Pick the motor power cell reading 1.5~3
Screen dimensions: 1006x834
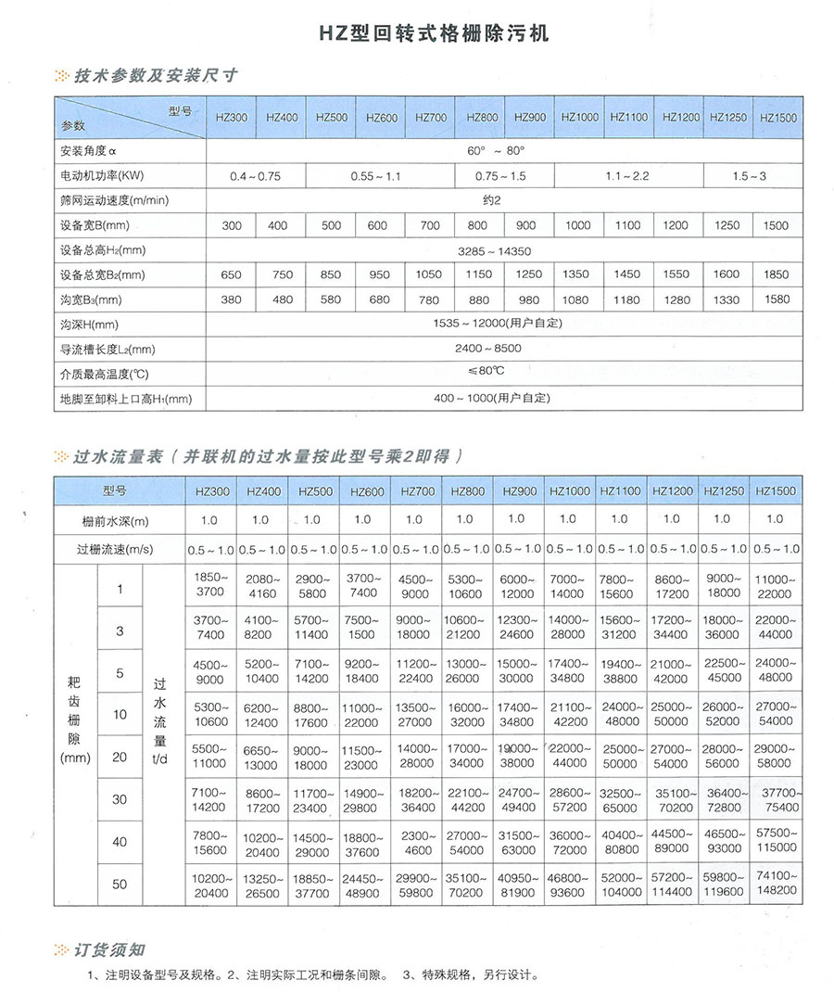click(749, 175)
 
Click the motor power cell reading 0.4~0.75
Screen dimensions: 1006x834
click(255, 175)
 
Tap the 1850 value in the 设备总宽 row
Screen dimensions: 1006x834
click(776, 274)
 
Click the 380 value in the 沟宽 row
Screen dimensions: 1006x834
click(231, 299)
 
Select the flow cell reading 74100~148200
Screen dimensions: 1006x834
click(776, 883)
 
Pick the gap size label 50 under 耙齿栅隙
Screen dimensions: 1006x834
click(120, 884)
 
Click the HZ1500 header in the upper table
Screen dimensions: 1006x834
click(777, 119)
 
